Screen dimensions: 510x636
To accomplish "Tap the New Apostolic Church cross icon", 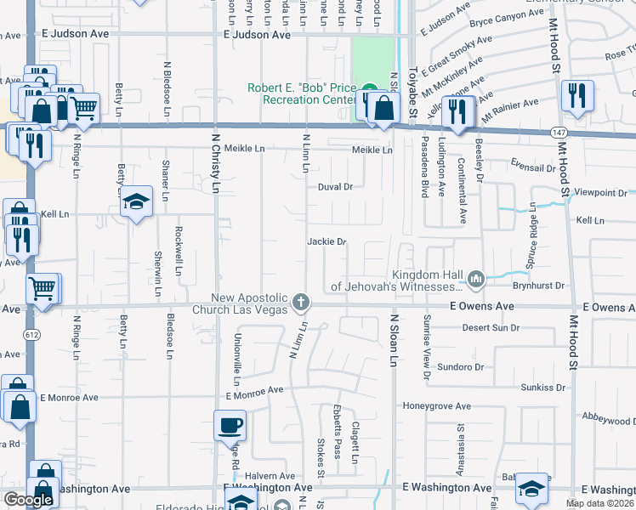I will (x=300, y=302).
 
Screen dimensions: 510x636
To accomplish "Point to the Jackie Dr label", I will (x=327, y=242).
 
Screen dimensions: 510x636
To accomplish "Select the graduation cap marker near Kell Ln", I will (x=136, y=202).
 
